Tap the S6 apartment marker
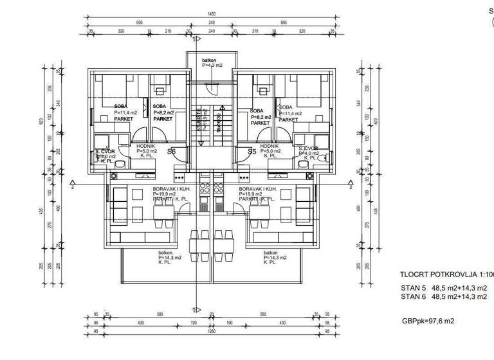[x=172, y=152]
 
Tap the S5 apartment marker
[x=253, y=152]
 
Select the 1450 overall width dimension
[x=212, y=14]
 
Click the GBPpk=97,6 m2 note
[x=428, y=320]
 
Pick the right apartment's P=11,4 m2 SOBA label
[x=289, y=113]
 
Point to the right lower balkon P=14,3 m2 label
[x=274, y=257]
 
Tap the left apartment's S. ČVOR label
[x=104, y=153]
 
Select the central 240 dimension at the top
[x=212, y=30]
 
